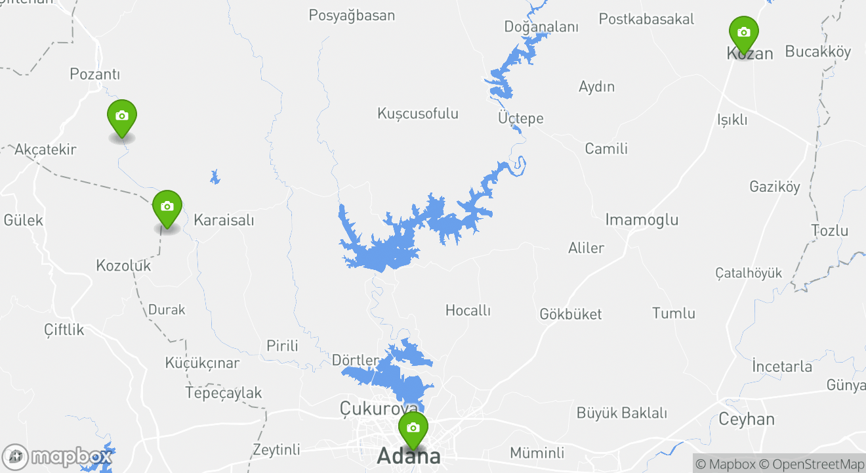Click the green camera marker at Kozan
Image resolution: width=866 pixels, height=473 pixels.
(x=743, y=33)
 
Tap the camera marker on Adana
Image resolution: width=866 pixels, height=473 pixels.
(x=413, y=428)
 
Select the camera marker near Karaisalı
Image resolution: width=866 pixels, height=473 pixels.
(x=167, y=207)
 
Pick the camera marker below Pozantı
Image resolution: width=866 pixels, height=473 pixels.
(x=121, y=116)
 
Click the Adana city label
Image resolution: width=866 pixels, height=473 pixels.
(x=408, y=455)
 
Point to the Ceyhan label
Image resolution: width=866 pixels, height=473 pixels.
(x=747, y=419)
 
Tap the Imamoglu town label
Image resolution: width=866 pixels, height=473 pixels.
(x=642, y=219)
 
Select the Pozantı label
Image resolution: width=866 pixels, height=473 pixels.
(x=95, y=74)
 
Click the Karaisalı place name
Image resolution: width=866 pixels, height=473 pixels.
(x=224, y=220)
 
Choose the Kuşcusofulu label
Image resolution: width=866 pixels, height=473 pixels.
(x=418, y=114)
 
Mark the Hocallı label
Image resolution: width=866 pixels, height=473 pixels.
(x=468, y=310)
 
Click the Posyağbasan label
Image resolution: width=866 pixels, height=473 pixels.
(x=352, y=15)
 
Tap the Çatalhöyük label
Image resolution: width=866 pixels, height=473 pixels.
(x=749, y=273)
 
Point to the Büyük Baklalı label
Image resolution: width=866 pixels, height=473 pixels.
(x=621, y=413)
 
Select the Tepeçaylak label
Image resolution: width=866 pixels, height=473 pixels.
(x=224, y=393)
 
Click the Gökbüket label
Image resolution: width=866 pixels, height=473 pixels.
(x=570, y=314)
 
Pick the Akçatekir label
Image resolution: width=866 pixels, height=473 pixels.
(x=45, y=149)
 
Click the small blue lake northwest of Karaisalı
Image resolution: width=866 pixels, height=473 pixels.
(x=215, y=177)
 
